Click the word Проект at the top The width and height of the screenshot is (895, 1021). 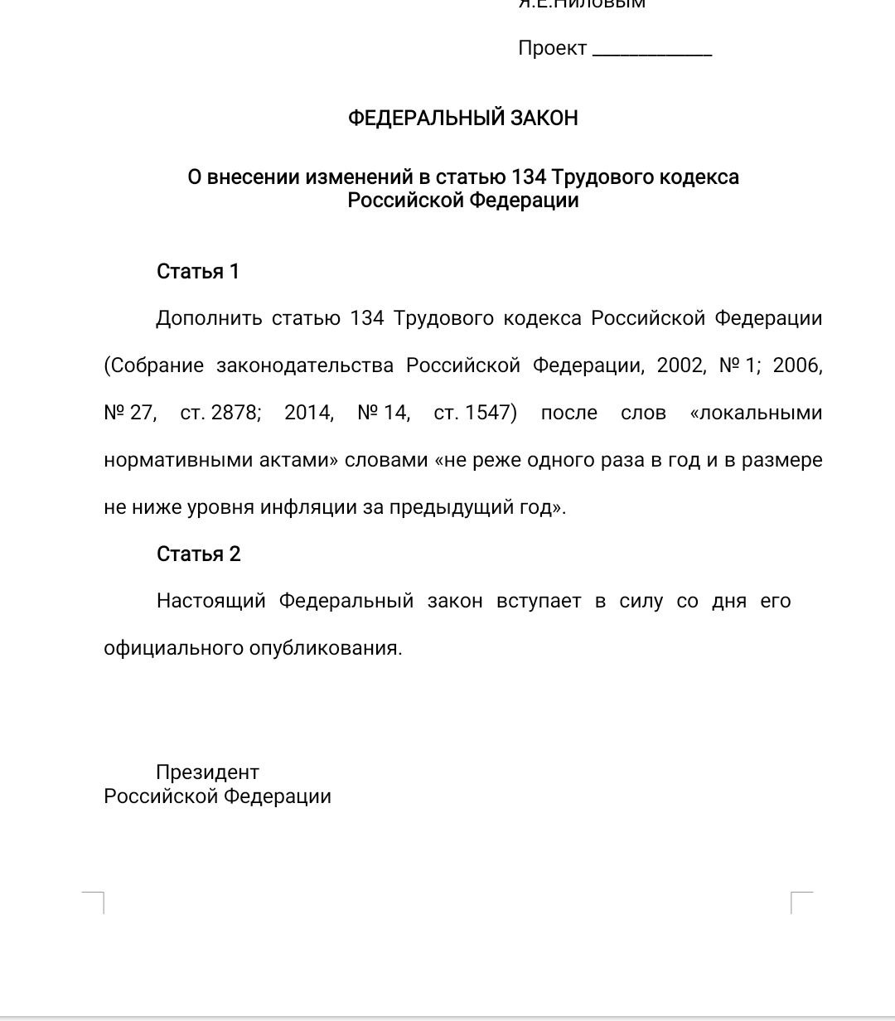point(552,48)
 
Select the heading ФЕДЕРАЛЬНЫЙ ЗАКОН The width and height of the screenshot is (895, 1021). point(462,118)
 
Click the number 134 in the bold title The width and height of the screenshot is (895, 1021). point(529,177)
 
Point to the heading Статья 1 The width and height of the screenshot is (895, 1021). point(198,271)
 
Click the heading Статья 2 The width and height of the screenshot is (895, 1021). point(198,554)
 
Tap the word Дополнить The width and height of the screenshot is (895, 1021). point(209,318)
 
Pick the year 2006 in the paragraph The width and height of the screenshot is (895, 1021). point(796,365)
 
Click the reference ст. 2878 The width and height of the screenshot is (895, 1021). point(220,413)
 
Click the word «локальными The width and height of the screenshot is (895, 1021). point(756,413)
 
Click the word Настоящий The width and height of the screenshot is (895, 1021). point(210,601)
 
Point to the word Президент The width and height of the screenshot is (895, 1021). point(207,772)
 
